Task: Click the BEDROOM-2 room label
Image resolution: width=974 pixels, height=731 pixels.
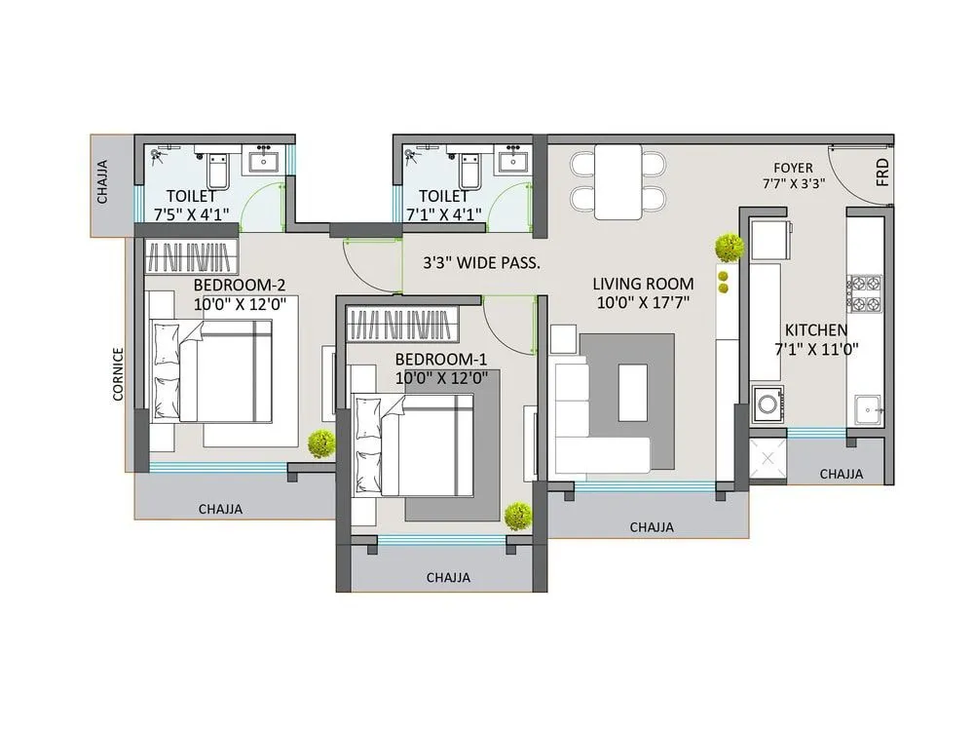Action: point(239,286)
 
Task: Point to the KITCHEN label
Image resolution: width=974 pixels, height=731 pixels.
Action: point(816,330)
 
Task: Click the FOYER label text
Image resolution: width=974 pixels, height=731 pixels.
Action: point(793,168)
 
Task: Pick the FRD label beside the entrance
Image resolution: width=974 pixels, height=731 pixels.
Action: point(882,172)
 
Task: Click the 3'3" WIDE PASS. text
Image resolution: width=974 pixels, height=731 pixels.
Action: point(481,262)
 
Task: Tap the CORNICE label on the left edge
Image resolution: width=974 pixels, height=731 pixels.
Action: point(118,373)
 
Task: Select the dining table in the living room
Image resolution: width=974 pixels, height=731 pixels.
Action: point(618,181)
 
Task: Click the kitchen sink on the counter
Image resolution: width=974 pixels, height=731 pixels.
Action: point(866,409)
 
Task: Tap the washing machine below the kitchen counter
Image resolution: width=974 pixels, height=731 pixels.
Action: point(768,404)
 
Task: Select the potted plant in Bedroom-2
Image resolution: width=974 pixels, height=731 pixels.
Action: point(319,444)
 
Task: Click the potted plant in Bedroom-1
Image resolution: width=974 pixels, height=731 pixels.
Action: point(518,516)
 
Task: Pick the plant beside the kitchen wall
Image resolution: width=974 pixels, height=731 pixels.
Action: point(729,249)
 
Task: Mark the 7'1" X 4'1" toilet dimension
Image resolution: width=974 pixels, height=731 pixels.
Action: point(443,215)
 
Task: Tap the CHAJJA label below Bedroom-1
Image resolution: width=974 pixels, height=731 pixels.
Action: point(448,577)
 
